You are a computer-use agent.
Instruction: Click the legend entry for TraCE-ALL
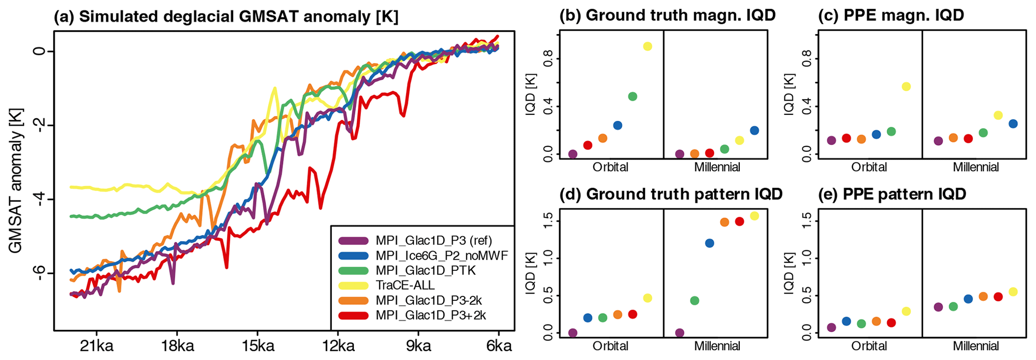coord(405,285)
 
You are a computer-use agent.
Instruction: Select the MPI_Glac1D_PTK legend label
coord(426,270)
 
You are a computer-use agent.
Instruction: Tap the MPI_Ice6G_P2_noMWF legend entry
coord(442,255)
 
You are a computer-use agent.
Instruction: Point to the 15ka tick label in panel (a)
coord(257,347)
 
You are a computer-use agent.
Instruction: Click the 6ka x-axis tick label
coord(498,347)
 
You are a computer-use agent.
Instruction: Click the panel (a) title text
coord(226,17)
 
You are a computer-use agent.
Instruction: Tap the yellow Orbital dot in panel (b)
coord(647,47)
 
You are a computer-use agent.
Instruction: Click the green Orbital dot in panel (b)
coord(633,96)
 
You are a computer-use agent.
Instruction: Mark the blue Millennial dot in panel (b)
coord(754,130)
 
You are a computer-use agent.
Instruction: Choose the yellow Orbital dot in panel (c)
coord(906,86)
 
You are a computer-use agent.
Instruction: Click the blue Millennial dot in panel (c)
coord(1013,124)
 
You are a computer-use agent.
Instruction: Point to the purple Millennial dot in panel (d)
coord(680,333)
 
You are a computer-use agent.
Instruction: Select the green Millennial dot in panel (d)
coord(695,301)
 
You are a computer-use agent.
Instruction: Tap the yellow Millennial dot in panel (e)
coord(1013,292)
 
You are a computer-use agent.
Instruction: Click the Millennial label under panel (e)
coord(975,346)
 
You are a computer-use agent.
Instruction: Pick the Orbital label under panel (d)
coord(610,346)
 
